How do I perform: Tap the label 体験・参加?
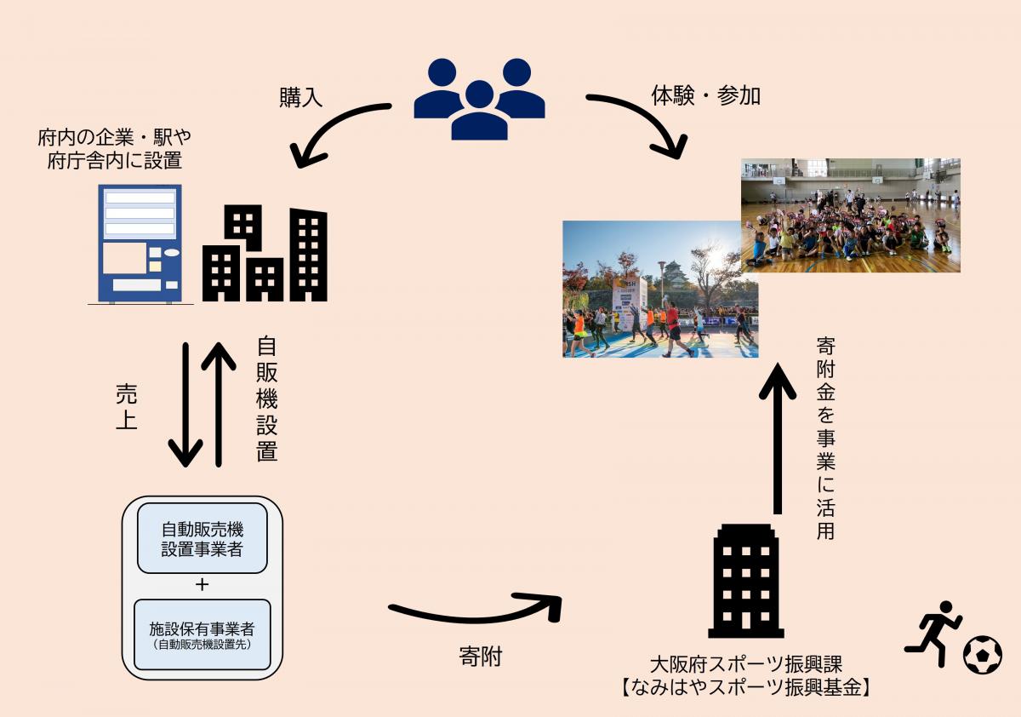click(x=705, y=95)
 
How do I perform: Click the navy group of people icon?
click(x=479, y=99)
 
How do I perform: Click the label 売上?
click(x=126, y=407)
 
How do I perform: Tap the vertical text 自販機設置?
click(x=266, y=399)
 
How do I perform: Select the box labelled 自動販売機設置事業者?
click(x=202, y=538)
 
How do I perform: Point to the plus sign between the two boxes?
click(x=202, y=585)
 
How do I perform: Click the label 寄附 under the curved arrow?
click(x=480, y=657)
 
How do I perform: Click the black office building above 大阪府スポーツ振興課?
click(x=745, y=581)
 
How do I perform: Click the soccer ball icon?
click(x=982, y=655)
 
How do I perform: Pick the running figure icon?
click(x=933, y=633)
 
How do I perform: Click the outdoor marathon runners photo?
click(x=660, y=290)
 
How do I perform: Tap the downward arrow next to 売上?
click(x=186, y=404)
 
